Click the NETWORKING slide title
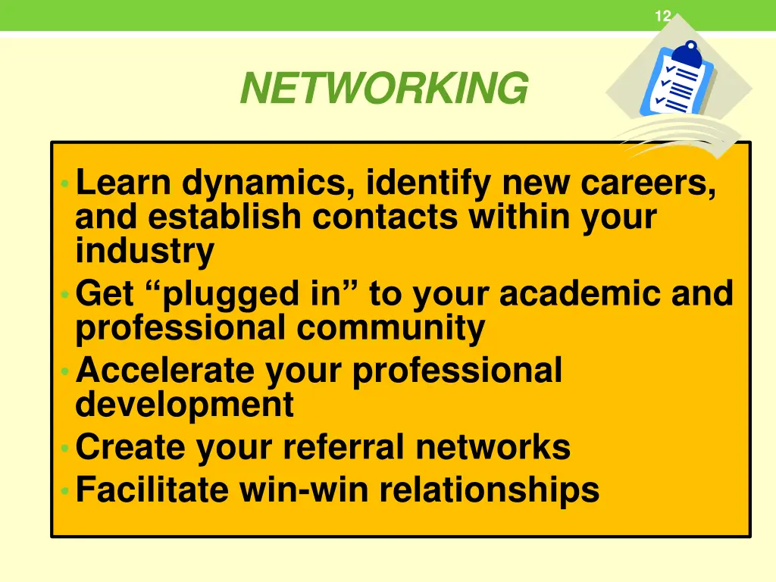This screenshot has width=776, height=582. pos(383,89)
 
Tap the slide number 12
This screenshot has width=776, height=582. pos(662,16)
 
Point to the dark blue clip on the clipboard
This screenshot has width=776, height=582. pos(690,53)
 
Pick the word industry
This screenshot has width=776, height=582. pos(145,251)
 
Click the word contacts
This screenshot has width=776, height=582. pos(386,217)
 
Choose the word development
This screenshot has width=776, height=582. pos(184,405)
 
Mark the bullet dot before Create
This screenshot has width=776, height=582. pos(66,448)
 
